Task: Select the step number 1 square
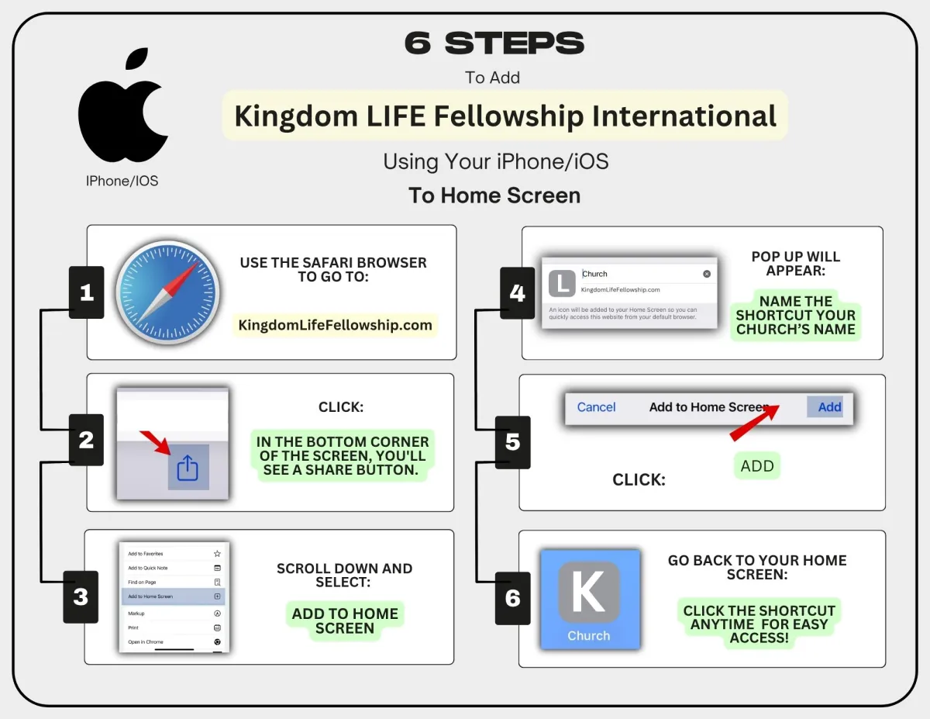86,292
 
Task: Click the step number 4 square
517,293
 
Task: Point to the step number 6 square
512,598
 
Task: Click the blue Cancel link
596,407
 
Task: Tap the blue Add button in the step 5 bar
829,407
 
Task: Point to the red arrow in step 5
753,423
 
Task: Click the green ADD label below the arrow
757,466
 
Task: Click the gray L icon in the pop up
562,283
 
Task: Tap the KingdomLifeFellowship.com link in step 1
335,325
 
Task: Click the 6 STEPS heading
494,43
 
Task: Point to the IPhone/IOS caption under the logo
122,181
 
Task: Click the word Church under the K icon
589,636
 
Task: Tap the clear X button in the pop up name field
707,274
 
